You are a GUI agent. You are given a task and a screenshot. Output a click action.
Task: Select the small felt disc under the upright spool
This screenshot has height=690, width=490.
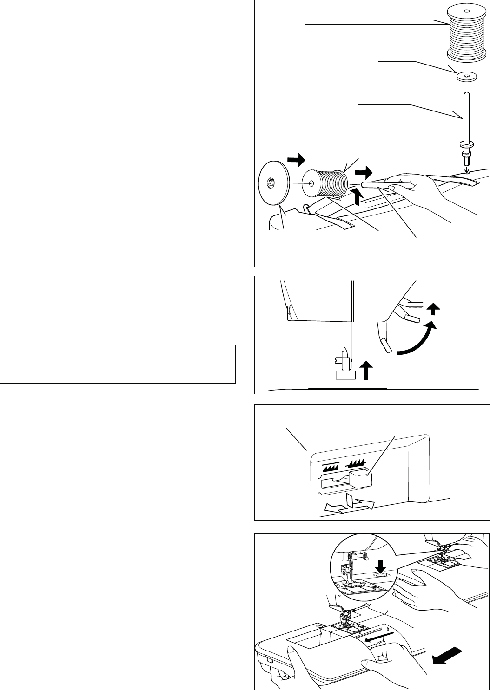click(466, 77)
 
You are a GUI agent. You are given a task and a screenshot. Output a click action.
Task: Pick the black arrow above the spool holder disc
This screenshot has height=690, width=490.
click(295, 161)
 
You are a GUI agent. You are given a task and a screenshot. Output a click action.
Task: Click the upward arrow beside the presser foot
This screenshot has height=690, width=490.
click(367, 372)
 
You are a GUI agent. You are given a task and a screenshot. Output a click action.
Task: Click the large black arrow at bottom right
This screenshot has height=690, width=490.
click(448, 657)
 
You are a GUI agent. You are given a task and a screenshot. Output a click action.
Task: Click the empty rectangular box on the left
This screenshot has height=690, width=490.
click(118, 364)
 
